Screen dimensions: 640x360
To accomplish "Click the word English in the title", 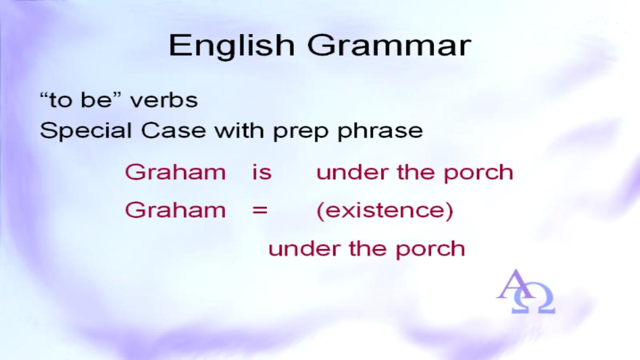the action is pyautogui.click(x=231, y=47).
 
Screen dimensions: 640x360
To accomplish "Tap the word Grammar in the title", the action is pyautogui.click(x=389, y=46).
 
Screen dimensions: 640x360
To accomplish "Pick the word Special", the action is pyautogui.click(x=86, y=131).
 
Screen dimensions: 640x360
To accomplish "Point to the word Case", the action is pyautogui.click(x=173, y=130).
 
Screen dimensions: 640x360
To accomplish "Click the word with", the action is pyautogui.click(x=239, y=130).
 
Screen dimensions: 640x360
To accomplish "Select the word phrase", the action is pyautogui.click(x=380, y=131).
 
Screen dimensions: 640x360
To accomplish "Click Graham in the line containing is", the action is pyautogui.click(x=175, y=172).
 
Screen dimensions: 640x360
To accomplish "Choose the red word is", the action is pyautogui.click(x=262, y=172).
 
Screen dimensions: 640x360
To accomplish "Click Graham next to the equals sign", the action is pyautogui.click(x=175, y=210).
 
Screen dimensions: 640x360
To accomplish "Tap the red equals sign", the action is pyautogui.click(x=260, y=211).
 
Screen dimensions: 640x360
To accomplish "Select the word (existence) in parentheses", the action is pyautogui.click(x=385, y=211).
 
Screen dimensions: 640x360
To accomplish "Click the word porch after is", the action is pyautogui.click(x=478, y=173).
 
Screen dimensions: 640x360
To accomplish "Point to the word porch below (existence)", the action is pyautogui.click(x=430, y=250).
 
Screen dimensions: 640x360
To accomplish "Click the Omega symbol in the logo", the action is pyautogui.click(x=533, y=298).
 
